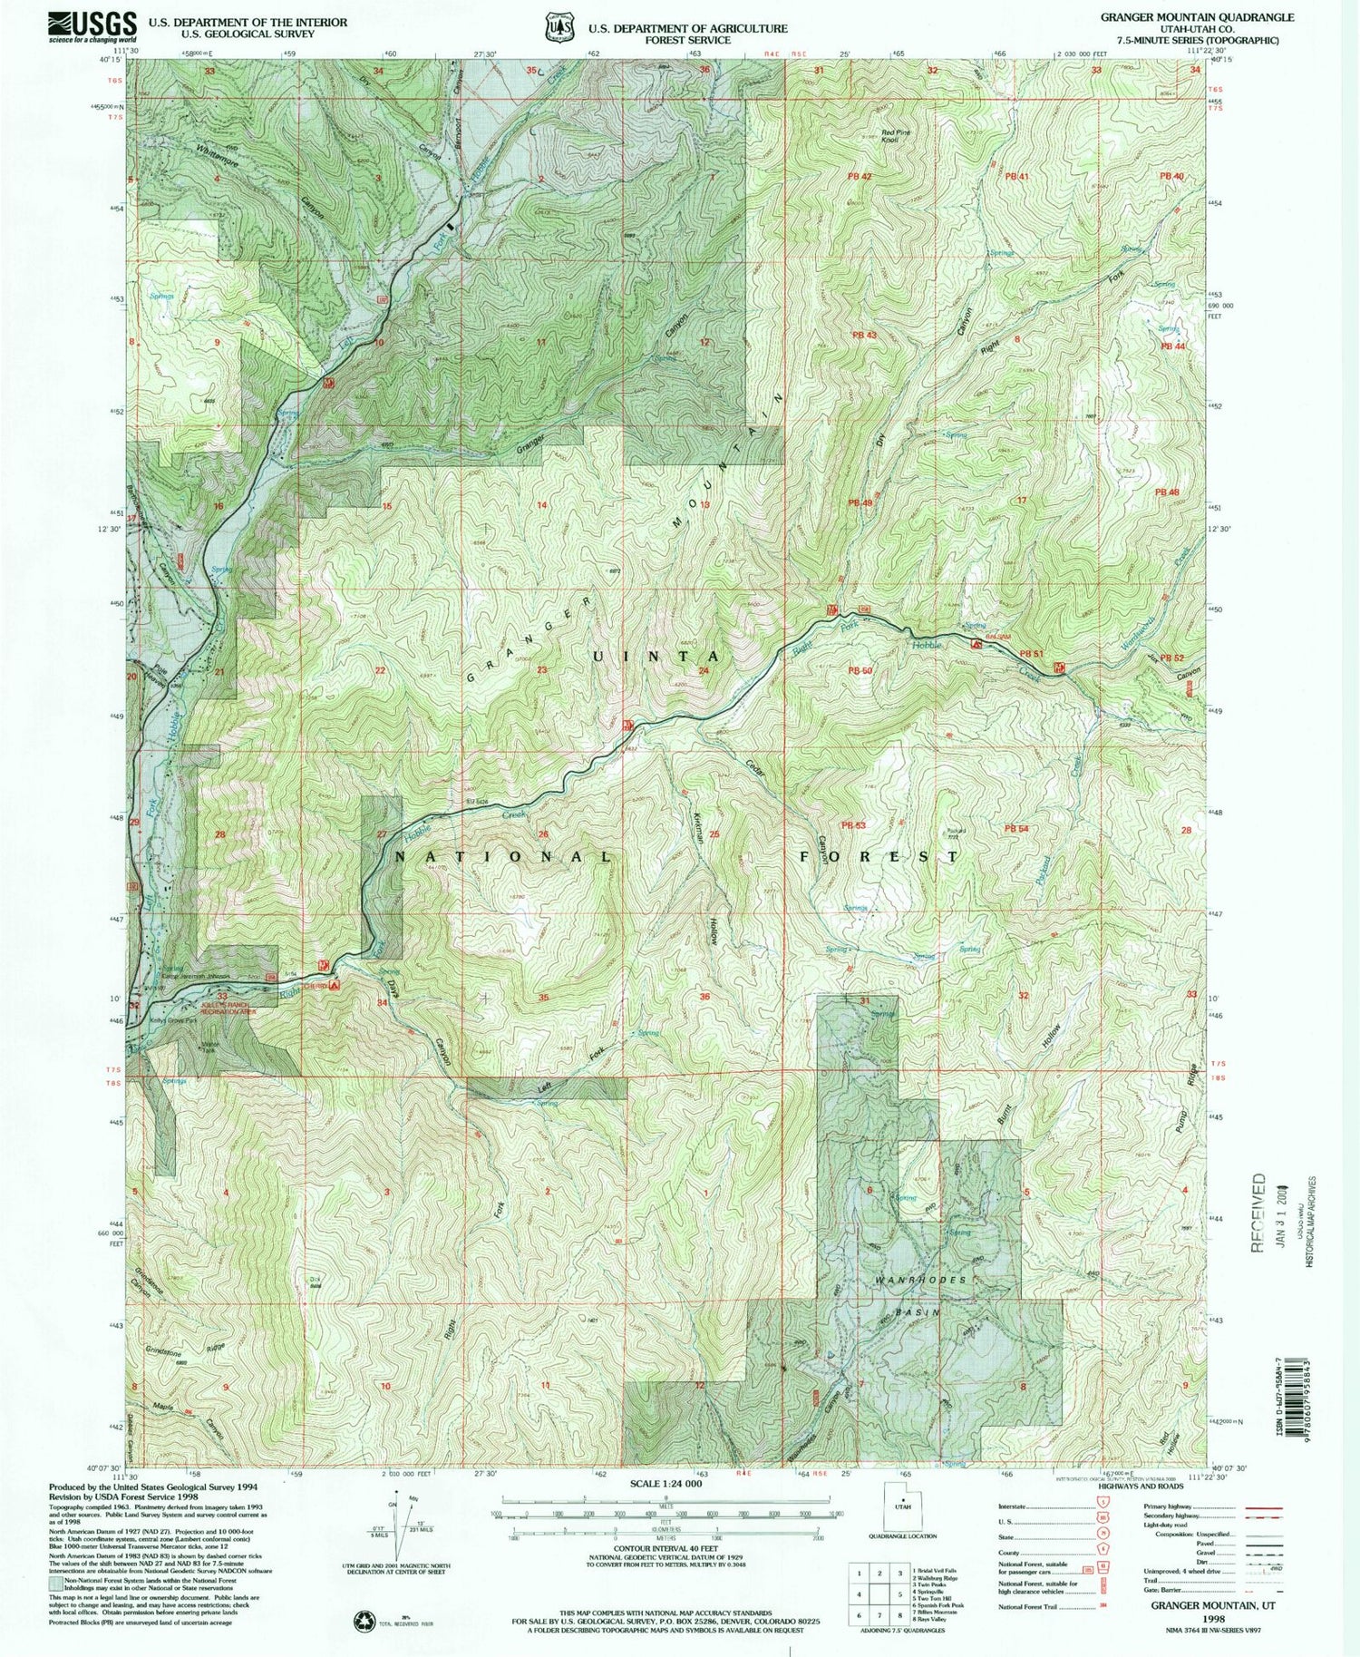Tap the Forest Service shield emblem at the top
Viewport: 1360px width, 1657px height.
click(559, 27)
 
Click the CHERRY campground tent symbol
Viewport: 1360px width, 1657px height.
click(336, 984)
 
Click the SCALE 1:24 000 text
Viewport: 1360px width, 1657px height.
click(666, 1484)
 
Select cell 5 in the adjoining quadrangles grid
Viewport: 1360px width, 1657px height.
click(877, 1593)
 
